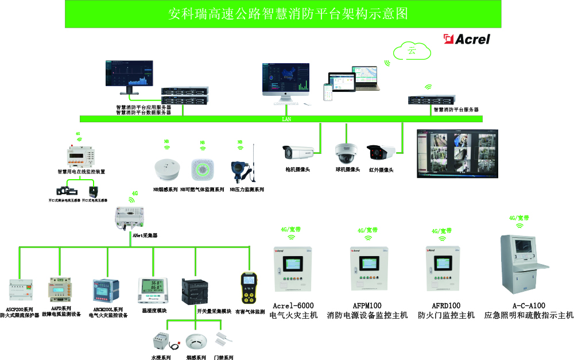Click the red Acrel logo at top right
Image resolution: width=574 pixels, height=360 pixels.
(x=467, y=39)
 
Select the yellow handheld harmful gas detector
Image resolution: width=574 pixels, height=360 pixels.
(x=249, y=289)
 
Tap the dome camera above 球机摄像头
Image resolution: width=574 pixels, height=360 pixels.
(x=347, y=152)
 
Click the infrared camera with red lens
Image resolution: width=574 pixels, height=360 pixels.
(x=381, y=153)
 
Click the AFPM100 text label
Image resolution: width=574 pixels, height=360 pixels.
(x=367, y=306)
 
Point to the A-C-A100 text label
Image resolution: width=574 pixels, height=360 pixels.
(x=529, y=306)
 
